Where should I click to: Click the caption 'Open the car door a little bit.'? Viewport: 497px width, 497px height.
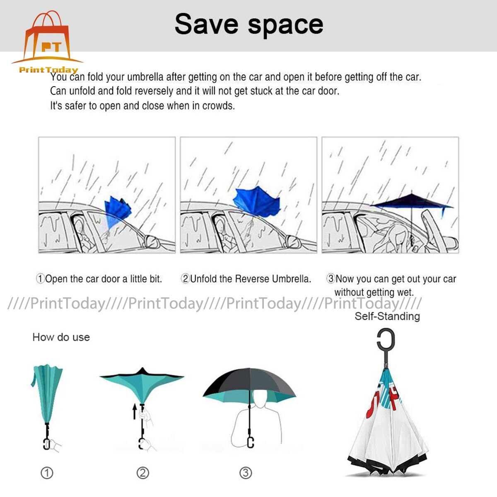pyautogui.click(x=99, y=279)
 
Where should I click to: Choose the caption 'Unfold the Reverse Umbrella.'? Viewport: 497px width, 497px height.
pyautogui.click(x=246, y=279)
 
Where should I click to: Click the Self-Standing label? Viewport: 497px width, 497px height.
pyautogui.click(x=387, y=316)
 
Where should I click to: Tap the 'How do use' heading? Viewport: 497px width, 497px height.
pyautogui.click(x=61, y=337)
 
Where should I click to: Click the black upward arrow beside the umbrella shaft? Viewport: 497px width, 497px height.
pyautogui.click(x=135, y=412)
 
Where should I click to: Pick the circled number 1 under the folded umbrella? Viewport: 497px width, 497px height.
pyautogui.click(x=47, y=473)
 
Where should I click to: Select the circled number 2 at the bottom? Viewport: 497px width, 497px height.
pyautogui.click(x=143, y=473)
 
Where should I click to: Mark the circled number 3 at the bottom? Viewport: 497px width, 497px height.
pyautogui.click(x=246, y=473)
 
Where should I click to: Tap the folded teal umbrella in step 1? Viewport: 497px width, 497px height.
pyautogui.click(x=48, y=393)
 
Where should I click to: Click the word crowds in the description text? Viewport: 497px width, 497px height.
pyautogui.click(x=218, y=106)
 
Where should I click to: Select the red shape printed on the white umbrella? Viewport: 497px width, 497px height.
pyautogui.click(x=378, y=404)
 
